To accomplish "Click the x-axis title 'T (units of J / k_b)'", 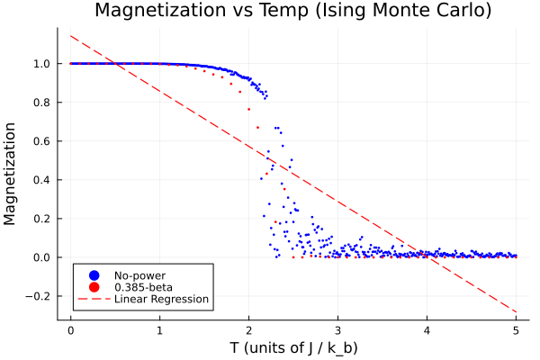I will pos(292,347).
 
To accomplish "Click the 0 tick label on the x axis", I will pos(71,329).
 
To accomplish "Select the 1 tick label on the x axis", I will pos(160,329).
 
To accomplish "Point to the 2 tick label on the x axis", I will pos(249,329).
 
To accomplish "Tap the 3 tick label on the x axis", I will pos(338,329).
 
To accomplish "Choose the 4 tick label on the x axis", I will pos(427,329).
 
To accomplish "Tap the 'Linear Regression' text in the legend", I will pos(161,299).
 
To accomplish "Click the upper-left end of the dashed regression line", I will pos(71,36).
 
